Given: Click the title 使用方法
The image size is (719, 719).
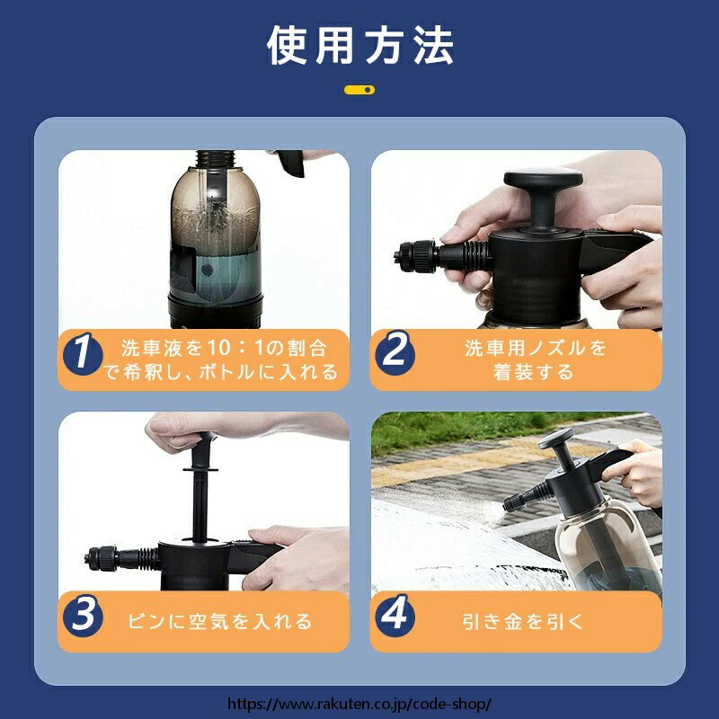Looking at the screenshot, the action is tap(360, 45).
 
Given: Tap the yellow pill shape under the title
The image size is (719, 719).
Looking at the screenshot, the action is tap(359, 90).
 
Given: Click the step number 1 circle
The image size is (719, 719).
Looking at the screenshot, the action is tap(83, 353).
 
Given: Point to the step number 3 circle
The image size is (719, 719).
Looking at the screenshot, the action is tap(83, 615).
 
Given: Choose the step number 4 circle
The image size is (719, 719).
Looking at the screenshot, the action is tap(395, 615).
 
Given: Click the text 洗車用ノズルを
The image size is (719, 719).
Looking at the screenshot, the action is tap(536, 348).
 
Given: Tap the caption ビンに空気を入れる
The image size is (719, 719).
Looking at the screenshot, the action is tap(219, 621).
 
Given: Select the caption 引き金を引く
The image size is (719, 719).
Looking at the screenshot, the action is tap(522, 621).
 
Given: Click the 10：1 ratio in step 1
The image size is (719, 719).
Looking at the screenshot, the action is tap(236, 348).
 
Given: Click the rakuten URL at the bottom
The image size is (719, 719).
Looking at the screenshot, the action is tap(359, 704).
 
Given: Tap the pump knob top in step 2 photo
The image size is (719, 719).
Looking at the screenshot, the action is tap(544, 177).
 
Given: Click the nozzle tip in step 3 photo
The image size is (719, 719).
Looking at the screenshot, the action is tap(88, 559).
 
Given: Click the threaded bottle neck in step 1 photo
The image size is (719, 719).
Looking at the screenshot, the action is tap(216, 159).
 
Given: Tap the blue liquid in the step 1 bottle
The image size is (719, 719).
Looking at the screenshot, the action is tap(216, 274).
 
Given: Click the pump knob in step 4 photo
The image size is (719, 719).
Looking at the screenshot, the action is tap(555, 439).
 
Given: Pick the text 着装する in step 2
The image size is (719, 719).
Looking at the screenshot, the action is tap(533, 372).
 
